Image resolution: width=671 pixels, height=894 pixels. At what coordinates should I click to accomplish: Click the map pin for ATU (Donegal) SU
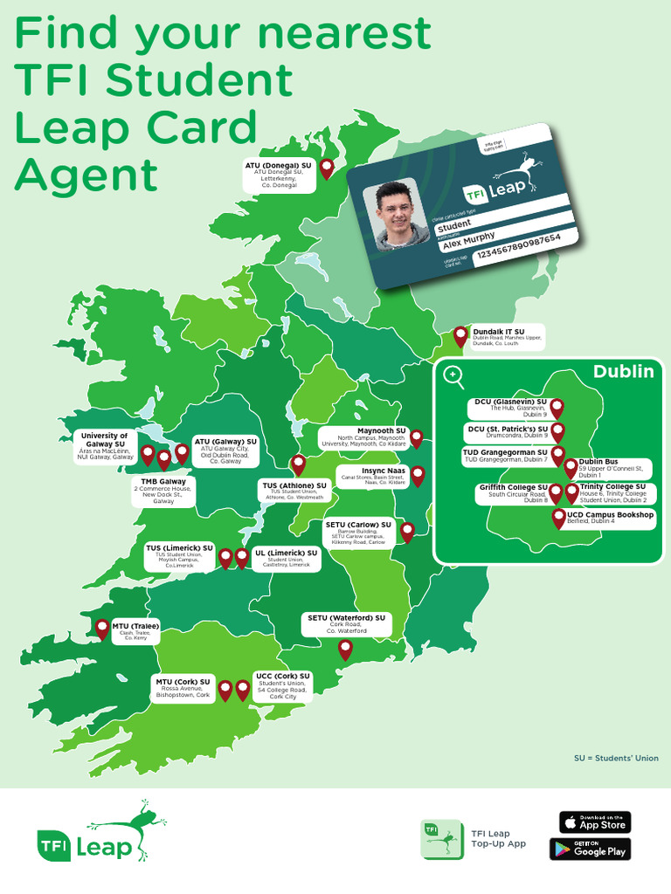pyautogui.click(x=327, y=168)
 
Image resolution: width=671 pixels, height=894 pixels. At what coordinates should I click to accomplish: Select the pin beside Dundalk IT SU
pyautogui.click(x=460, y=336)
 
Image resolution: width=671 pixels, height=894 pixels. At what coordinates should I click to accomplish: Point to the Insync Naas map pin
pyautogui.click(x=418, y=476)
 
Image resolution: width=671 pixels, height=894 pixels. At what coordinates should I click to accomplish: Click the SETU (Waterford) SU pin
pyautogui.click(x=345, y=649)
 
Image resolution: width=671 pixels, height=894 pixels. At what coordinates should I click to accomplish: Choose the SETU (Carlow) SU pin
pyautogui.click(x=406, y=532)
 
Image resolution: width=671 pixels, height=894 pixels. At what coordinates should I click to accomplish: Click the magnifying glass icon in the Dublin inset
pyautogui.click(x=453, y=376)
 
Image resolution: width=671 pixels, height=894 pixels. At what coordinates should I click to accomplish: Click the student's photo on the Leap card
pyautogui.click(x=399, y=215)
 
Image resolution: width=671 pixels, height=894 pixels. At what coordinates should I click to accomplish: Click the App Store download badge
pyautogui.click(x=595, y=822)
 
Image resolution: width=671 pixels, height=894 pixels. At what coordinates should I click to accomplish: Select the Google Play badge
pyautogui.click(x=590, y=849)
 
